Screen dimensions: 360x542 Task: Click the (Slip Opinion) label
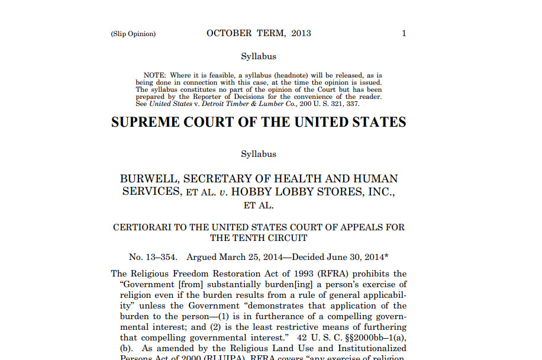point(133,34)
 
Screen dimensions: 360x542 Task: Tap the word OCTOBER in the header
point(229,33)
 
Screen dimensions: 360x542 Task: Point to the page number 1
point(404,33)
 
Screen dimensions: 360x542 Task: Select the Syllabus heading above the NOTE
point(259,56)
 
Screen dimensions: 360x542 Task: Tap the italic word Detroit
point(217,104)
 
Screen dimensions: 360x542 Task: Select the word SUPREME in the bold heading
point(144,123)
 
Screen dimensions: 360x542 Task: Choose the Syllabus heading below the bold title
point(259,154)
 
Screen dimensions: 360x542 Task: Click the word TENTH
point(250,238)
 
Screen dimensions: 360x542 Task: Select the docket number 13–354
point(162,257)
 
